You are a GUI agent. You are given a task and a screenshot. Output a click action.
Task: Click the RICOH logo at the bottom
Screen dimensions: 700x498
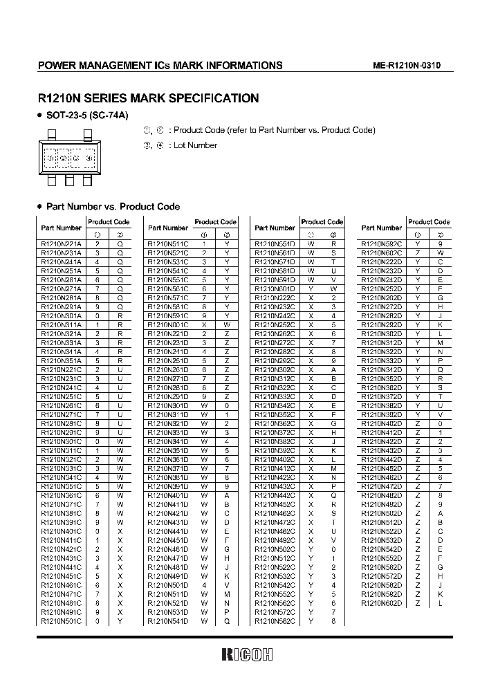click(x=248, y=654)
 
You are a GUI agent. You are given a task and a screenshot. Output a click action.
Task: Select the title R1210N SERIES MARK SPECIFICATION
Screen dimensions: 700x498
click(x=147, y=98)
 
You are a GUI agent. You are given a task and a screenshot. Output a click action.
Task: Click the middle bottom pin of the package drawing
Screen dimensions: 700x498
click(x=69, y=181)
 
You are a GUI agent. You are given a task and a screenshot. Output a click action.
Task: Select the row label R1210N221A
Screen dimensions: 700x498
click(x=61, y=243)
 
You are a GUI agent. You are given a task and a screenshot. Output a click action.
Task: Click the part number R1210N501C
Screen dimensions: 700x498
click(x=61, y=621)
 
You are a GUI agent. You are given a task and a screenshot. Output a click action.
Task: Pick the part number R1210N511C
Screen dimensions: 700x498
click(x=167, y=243)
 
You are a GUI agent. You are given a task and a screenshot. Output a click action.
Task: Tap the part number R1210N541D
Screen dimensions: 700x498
click(x=167, y=621)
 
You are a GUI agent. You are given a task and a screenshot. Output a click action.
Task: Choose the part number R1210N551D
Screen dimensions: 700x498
click(x=275, y=243)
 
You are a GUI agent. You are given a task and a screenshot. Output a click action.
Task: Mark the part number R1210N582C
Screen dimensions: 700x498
click(x=275, y=621)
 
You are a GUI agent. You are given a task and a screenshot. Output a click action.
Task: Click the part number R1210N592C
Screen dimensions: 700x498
click(x=381, y=243)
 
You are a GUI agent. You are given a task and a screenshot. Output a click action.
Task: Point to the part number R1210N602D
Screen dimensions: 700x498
click(x=381, y=603)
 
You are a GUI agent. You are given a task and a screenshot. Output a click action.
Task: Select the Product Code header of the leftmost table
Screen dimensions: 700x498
click(x=109, y=222)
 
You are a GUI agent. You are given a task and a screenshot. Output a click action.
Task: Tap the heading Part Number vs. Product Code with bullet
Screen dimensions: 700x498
click(x=112, y=206)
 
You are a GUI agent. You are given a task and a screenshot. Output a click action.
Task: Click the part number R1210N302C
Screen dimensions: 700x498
click(x=275, y=369)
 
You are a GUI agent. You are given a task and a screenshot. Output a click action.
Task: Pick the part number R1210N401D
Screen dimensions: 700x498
click(x=167, y=495)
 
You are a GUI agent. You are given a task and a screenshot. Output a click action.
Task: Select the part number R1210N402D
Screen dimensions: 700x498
click(x=381, y=423)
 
